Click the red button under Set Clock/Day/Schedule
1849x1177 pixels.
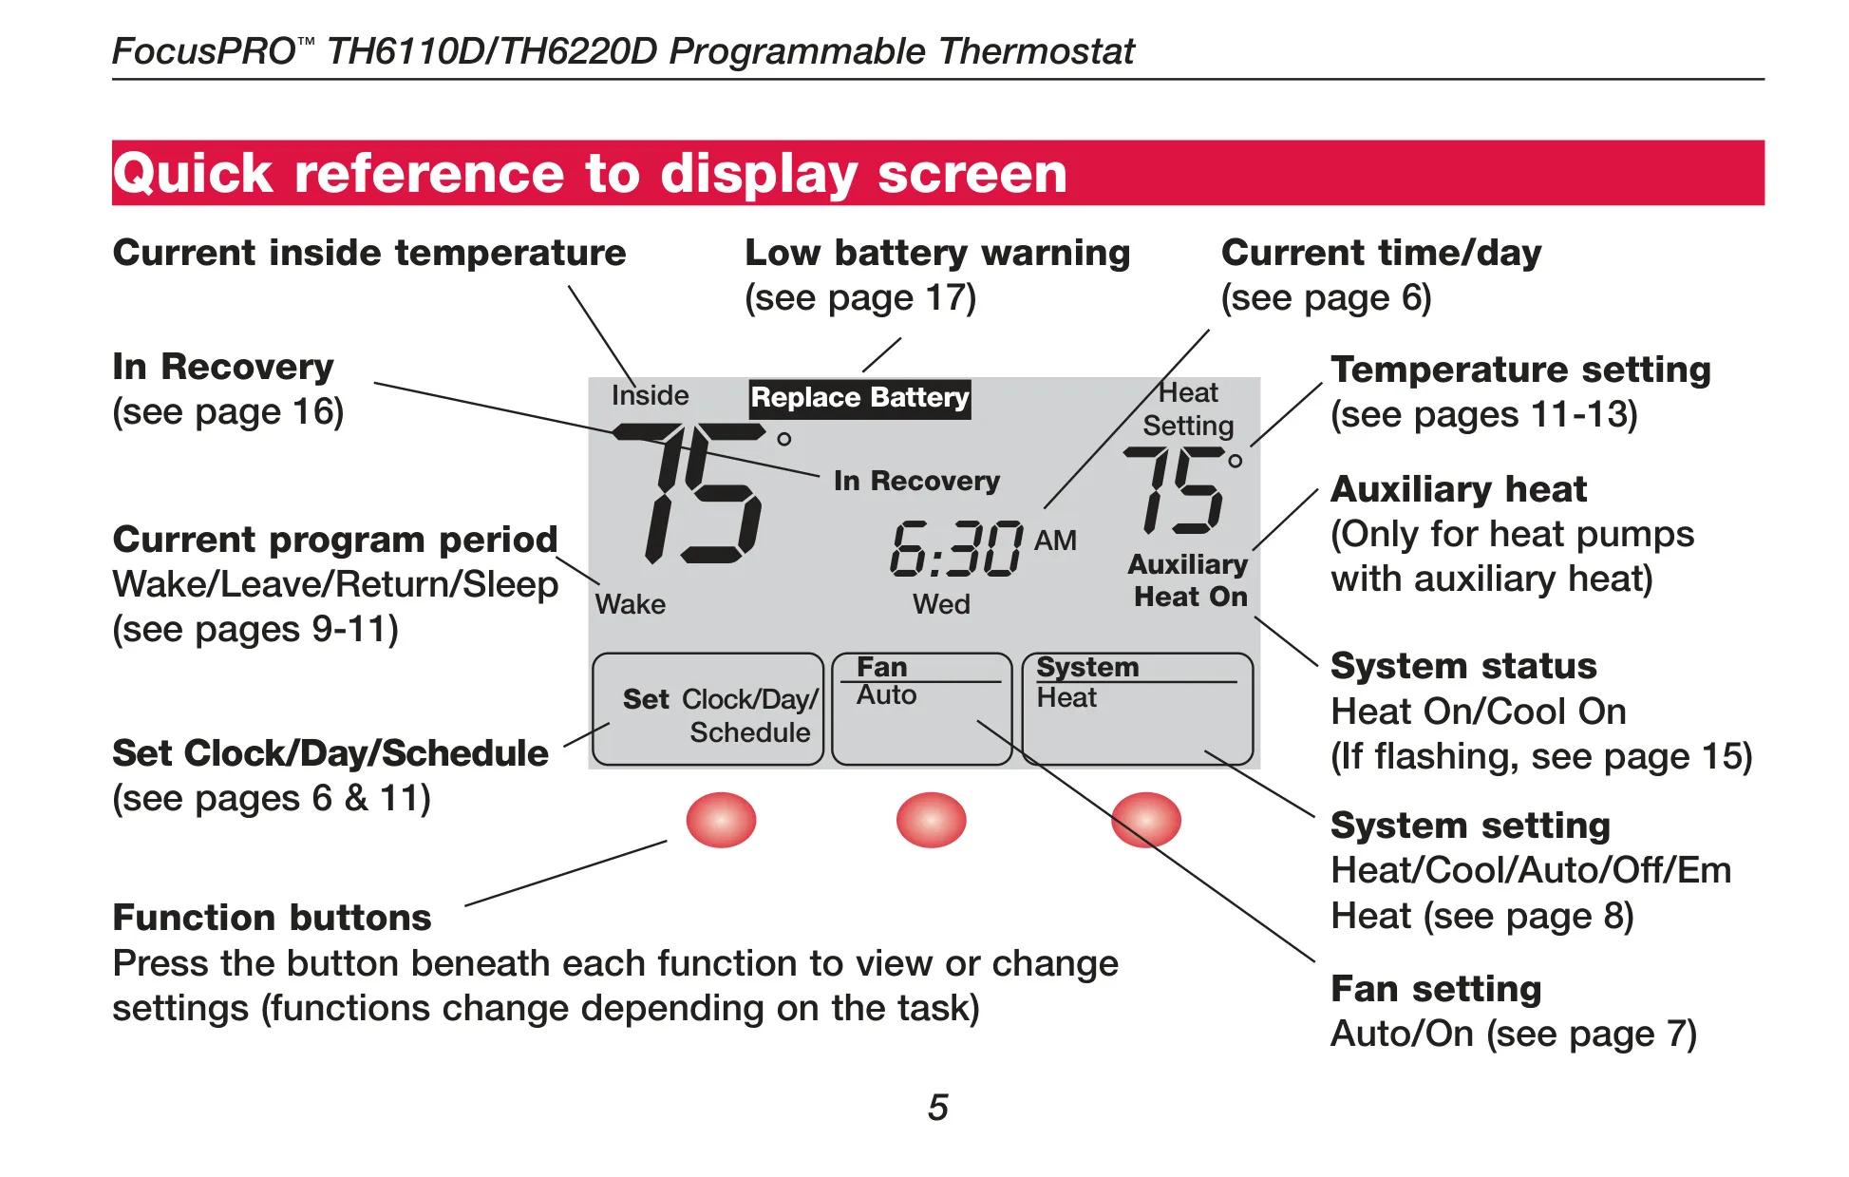(x=721, y=820)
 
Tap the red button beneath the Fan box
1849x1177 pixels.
(x=931, y=820)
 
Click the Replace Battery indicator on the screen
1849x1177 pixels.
(x=859, y=398)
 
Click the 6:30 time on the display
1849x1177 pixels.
(x=956, y=549)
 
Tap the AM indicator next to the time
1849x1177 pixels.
(x=1055, y=541)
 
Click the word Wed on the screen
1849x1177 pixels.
(x=941, y=604)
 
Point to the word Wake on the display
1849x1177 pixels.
(x=631, y=604)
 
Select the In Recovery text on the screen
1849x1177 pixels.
(x=916, y=481)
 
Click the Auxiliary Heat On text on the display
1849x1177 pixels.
(x=1188, y=580)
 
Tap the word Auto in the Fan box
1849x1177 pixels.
(x=886, y=695)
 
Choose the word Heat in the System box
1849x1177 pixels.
(x=1066, y=698)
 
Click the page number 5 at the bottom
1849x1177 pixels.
(x=938, y=1108)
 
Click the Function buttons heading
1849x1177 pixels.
(x=272, y=918)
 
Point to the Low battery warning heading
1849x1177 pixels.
(x=937, y=253)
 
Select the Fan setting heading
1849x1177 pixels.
(x=1436, y=990)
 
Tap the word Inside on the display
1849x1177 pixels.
(x=650, y=395)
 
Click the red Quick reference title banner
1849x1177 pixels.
(x=937, y=173)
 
